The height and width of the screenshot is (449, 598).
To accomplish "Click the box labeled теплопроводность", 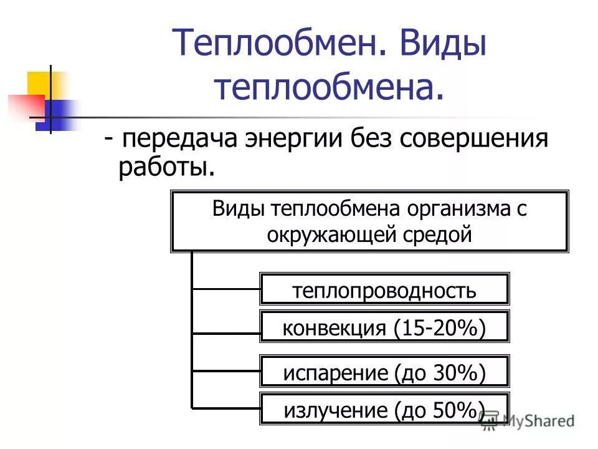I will (x=384, y=289).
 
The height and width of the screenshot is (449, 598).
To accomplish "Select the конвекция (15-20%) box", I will (x=384, y=327).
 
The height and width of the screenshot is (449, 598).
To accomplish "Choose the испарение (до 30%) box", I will (x=384, y=372).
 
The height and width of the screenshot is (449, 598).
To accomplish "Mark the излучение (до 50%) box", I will (x=384, y=410).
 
